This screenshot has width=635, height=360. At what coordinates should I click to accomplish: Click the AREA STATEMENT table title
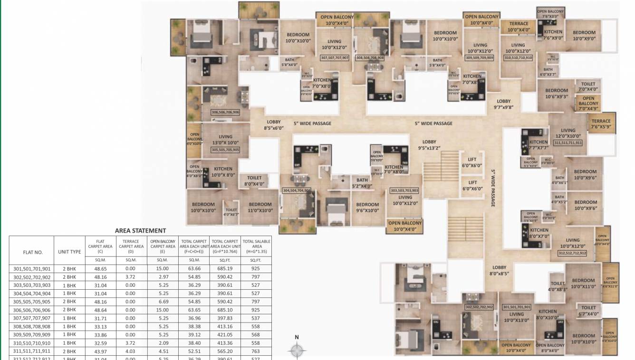[x=140, y=231]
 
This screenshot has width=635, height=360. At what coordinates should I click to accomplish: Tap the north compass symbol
[x=297, y=351]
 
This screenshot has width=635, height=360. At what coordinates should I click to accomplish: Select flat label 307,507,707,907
[x=335, y=57]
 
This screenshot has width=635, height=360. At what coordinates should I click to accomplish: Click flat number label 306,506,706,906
[x=225, y=112]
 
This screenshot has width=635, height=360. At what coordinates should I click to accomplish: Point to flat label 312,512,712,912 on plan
[x=572, y=254]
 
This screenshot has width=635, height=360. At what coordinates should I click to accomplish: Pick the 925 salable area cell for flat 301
[x=257, y=269]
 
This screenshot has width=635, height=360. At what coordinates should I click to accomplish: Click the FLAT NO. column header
[x=33, y=252]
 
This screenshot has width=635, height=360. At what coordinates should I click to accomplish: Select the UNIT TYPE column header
[x=69, y=252]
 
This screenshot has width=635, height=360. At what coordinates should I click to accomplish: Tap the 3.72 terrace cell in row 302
[x=131, y=277]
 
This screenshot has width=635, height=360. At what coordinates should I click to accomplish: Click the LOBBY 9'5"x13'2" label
[x=429, y=145]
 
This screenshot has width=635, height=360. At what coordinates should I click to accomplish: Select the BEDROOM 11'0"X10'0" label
[x=260, y=208]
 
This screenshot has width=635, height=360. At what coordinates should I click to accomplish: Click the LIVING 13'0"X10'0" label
[x=225, y=140]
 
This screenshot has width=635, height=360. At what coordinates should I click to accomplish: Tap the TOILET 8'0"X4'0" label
[x=254, y=181]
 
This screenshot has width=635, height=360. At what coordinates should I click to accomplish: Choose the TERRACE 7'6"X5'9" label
[x=601, y=124]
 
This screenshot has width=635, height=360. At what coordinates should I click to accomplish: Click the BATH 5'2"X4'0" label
[x=362, y=183]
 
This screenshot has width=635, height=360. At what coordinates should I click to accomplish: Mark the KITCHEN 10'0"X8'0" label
[x=222, y=172]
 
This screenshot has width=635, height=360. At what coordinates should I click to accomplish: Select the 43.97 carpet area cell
[x=100, y=351]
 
